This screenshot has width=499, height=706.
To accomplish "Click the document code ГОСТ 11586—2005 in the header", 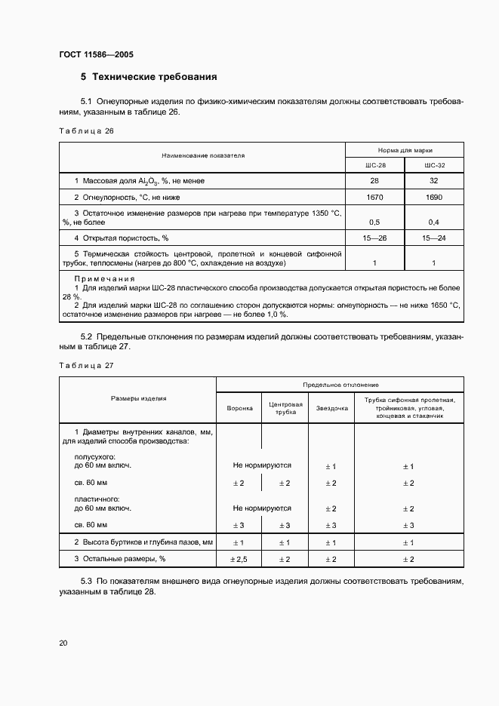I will (x=96, y=55).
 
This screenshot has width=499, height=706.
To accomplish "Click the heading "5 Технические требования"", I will (x=149, y=77).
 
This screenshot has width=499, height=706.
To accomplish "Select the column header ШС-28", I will (x=374, y=165).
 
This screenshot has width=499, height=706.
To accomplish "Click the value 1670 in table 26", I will (x=374, y=197).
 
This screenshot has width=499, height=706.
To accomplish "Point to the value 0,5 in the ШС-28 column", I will (x=374, y=223).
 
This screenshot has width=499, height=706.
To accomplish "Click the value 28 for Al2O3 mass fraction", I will (x=374, y=181).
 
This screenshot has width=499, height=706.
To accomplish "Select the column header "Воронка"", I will (x=239, y=408).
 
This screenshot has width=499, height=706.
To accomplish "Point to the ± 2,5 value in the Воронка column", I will (x=239, y=559).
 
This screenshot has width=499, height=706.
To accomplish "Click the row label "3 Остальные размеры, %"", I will (x=119, y=559).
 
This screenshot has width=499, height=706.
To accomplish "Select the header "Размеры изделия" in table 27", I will (x=138, y=398).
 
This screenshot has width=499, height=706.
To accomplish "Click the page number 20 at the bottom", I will (x=63, y=642).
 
